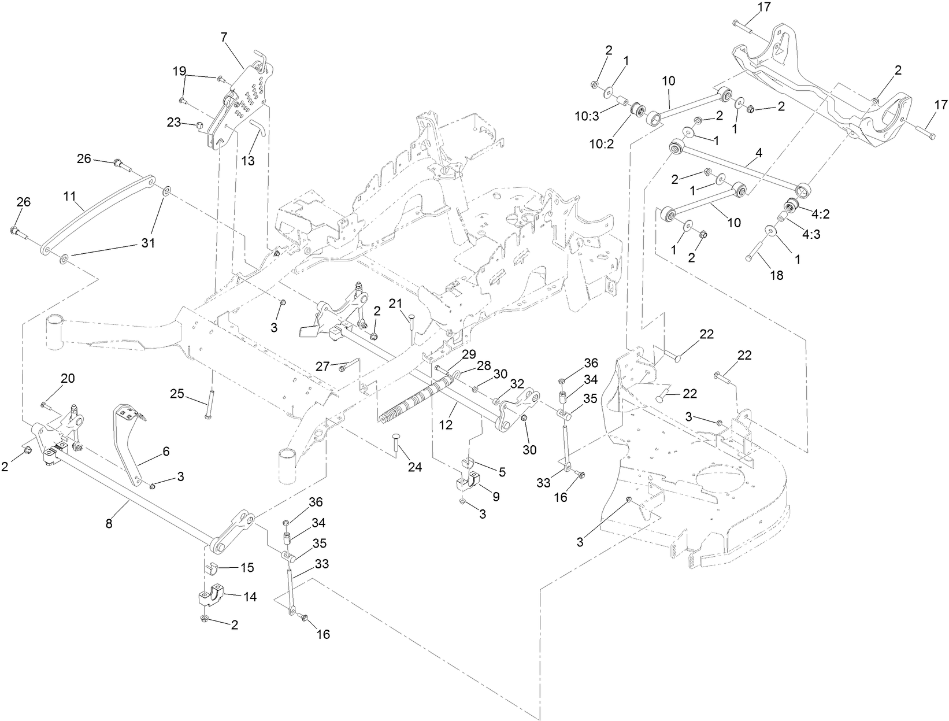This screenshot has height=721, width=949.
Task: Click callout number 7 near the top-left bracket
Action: pyautogui.click(x=224, y=36)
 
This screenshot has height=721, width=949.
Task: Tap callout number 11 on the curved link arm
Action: pyautogui.click(x=70, y=196)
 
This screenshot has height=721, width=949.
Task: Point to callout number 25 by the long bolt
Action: pyautogui.click(x=177, y=394)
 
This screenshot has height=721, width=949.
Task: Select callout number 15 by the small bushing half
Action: pyautogui.click(x=247, y=568)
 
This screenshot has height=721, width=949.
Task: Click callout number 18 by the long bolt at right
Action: pyautogui.click(x=777, y=275)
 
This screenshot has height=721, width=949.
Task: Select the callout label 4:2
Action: pyautogui.click(x=821, y=214)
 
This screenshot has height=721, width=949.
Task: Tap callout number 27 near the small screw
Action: pyautogui.click(x=322, y=366)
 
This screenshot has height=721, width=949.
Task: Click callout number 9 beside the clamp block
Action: pyautogui.click(x=496, y=496)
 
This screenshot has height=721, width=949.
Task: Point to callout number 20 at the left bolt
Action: pyautogui.click(x=68, y=378)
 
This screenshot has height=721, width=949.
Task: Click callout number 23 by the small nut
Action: pyautogui.click(x=175, y=123)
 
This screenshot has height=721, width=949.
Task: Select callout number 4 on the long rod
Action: pyautogui.click(x=759, y=153)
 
